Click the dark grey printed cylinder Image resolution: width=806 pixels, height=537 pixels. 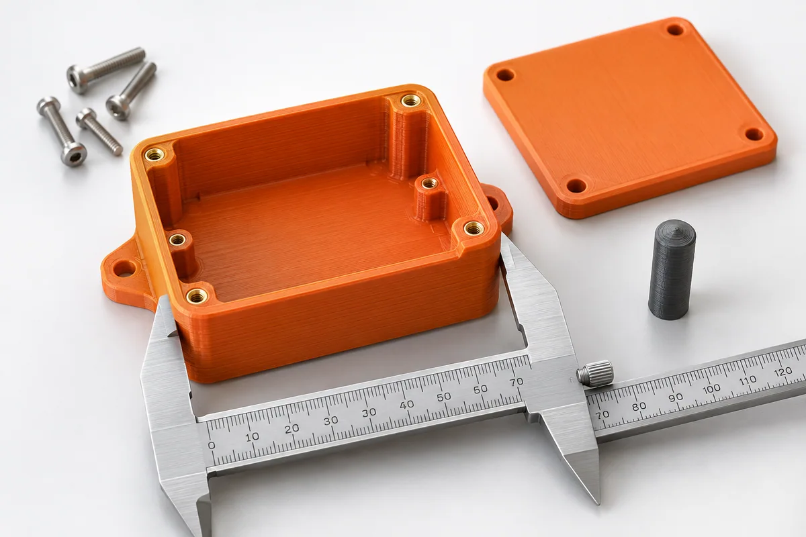coord(672,269)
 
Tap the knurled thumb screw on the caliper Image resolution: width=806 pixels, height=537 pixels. coord(595,374)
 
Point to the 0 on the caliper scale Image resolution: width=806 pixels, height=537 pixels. coord(212,445)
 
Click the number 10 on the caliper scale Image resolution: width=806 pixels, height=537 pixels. coord(253,437)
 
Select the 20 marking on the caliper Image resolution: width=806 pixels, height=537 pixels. coord(292,428)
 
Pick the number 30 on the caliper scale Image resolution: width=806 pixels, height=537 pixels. coord(330,420)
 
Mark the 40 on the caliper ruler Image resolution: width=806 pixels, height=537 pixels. coord(406,405)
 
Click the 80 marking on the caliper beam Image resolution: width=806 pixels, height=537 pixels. coord(639,406)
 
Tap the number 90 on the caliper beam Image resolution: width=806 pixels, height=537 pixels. coord(676,397)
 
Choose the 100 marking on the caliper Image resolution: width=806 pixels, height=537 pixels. coord(711,389)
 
